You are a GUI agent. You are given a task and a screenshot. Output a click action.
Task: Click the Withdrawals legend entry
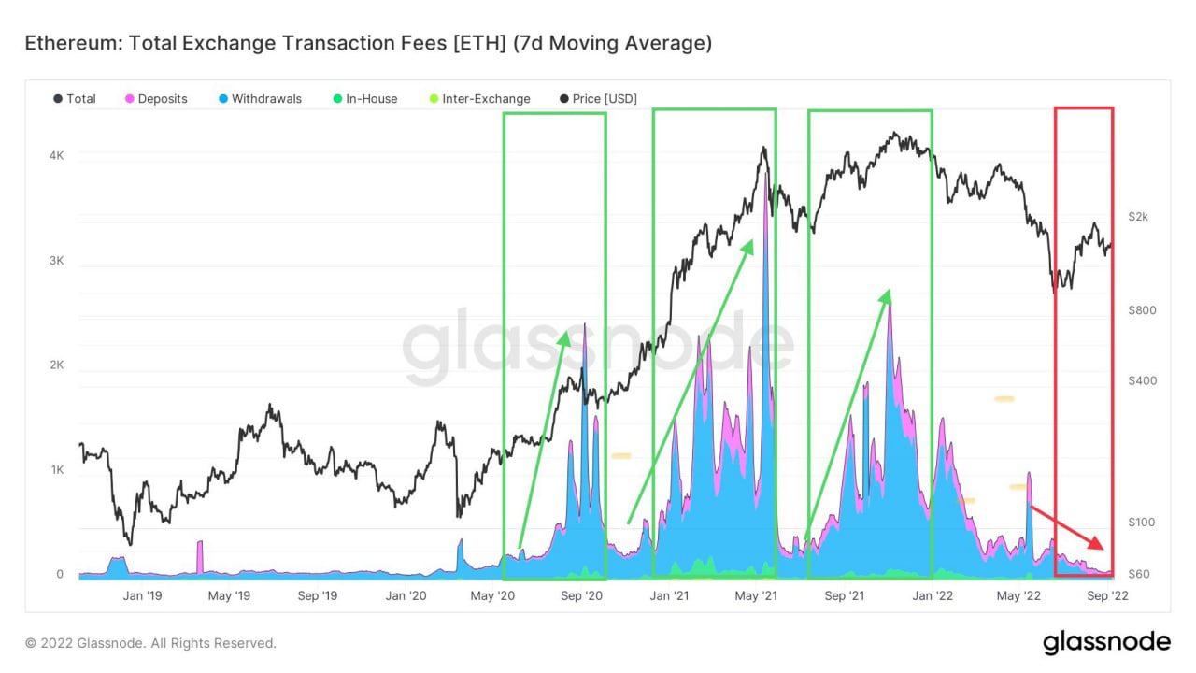point(266,99)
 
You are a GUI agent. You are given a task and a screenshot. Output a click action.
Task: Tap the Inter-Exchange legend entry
point(486,99)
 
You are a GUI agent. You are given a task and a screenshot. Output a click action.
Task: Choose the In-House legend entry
point(371,99)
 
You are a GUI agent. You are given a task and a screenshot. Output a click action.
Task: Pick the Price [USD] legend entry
point(605,99)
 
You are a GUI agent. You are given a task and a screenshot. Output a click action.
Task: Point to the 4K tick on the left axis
point(56,156)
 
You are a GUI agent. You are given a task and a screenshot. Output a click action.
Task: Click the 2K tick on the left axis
point(56,365)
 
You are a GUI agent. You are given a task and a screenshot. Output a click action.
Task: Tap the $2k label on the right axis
point(1138,217)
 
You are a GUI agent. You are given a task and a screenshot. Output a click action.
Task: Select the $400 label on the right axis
point(1141,380)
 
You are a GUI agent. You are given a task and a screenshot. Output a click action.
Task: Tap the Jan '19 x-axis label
point(143,595)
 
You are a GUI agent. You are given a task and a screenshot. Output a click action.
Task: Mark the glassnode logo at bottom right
point(1106,642)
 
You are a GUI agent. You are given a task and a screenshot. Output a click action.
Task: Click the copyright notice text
point(150,643)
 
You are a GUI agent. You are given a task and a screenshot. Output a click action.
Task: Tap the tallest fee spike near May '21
point(766,178)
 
